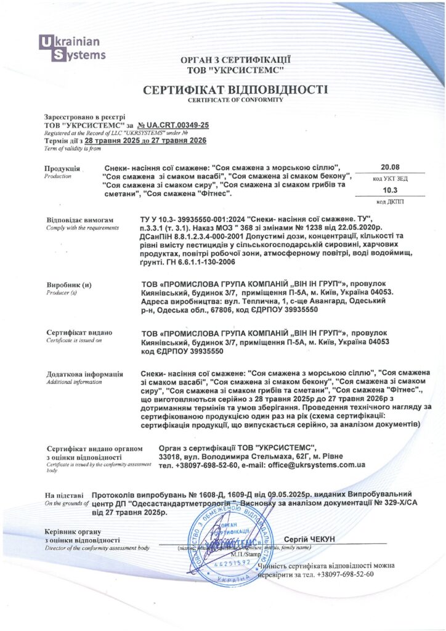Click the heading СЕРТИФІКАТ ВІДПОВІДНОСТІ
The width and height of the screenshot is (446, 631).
point(235,90)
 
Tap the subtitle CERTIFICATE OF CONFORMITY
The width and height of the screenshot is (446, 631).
point(235,99)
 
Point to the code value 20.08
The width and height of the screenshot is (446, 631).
point(390,167)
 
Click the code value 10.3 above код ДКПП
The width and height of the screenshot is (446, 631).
point(391,190)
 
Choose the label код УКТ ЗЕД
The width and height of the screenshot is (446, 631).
point(390,178)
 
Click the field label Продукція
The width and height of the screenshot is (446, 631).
point(62,168)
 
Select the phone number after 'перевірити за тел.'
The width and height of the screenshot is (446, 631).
point(346,574)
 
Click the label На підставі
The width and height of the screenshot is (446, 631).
point(63,495)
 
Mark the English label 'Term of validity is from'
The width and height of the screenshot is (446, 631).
point(73,149)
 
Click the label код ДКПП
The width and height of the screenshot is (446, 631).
point(390,202)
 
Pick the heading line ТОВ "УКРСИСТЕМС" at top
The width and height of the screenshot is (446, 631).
point(235,70)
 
